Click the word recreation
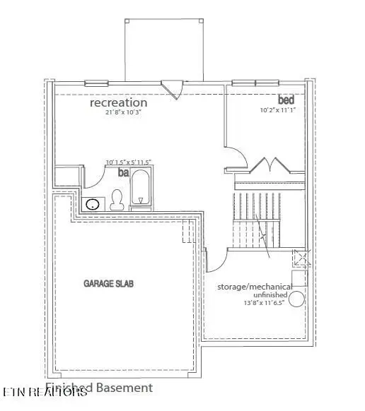[x=118, y=103]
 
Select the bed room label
[x=286, y=99]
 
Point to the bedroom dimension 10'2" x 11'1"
[x=278, y=110]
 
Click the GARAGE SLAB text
[x=109, y=283]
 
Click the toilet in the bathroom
[x=118, y=199]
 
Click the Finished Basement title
[x=99, y=388]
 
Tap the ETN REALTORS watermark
[x=44, y=391]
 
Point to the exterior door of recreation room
[x=171, y=88]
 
